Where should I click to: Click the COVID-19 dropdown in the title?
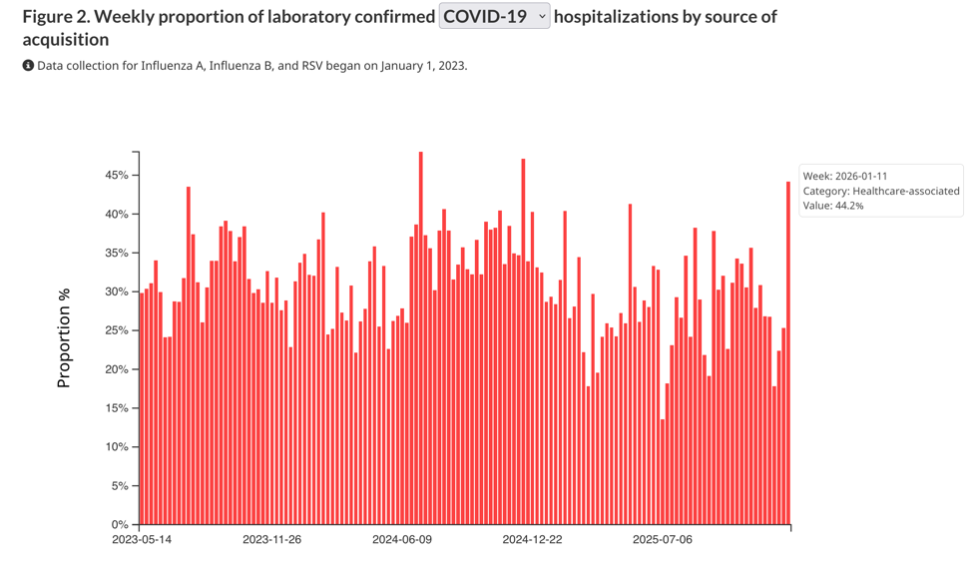[494, 16]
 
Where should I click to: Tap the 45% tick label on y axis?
[116, 176]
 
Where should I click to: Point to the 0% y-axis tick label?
[119, 525]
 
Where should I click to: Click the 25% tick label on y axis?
[116, 330]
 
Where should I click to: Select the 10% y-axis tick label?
[116, 447]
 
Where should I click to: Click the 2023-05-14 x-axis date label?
[142, 540]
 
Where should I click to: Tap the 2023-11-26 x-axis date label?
[271, 540]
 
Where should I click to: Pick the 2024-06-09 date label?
[402, 540]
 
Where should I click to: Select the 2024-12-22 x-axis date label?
[532, 540]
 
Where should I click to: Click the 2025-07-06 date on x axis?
[663, 540]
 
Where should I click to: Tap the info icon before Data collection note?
[28, 66]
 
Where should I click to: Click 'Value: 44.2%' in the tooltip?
[833, 206]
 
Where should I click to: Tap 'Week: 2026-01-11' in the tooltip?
[845, 176]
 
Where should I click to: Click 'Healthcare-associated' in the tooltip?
[905, 191]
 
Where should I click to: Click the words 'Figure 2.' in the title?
[55, 17]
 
